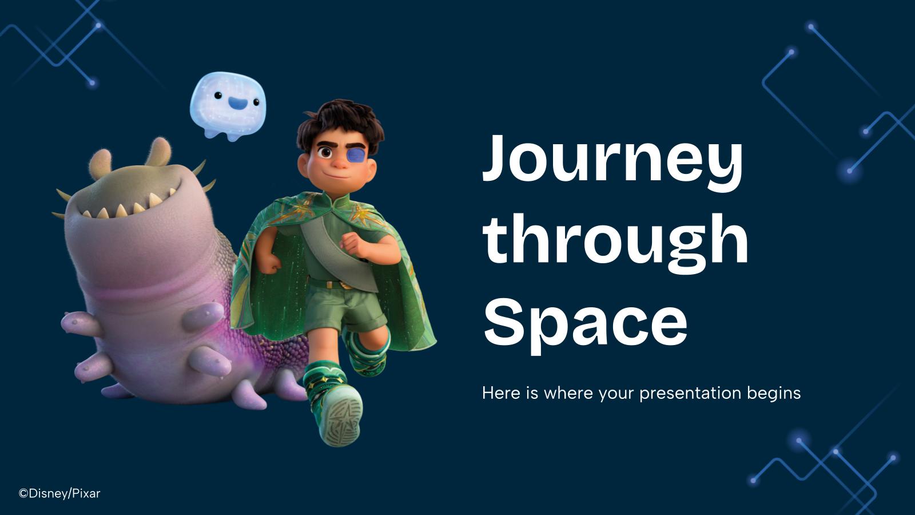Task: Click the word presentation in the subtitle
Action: tap(691, 394)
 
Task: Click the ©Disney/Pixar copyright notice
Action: tap(59, 493)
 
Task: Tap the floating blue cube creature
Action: tap(228, 106)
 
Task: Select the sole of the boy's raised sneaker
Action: tap(343, 415)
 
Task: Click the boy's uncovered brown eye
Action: tap(325, 153)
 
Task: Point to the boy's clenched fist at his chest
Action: tap(354, 245)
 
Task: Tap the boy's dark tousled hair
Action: tap(340, 122)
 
